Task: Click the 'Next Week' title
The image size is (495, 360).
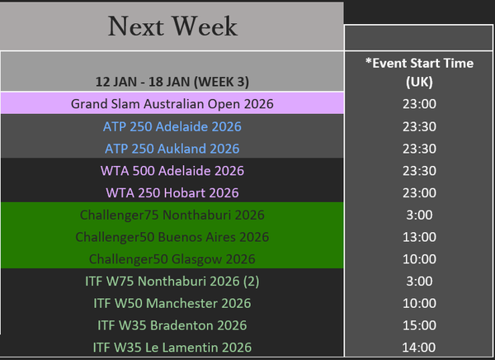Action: point(172,26)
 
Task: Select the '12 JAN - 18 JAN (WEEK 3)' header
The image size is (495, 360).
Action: point(172,82)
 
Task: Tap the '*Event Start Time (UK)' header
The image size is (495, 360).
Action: point(419,73)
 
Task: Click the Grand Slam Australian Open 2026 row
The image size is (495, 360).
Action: point(172,104)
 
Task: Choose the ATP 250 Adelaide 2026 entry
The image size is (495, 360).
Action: point(172,126)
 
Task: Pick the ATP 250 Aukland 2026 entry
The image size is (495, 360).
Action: point(172,149)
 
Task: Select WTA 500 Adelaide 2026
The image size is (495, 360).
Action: point(172,171)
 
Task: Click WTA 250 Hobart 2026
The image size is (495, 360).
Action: point(172,193)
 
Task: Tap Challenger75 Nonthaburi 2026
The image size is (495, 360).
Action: point(172,215)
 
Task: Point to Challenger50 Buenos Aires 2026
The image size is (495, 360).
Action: point(172,237)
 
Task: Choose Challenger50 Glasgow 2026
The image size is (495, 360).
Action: point(172,259)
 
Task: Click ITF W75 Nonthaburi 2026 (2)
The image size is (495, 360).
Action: point(172,282)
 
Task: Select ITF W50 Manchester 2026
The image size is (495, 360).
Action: point(172,303)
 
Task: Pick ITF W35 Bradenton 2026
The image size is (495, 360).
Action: point(172,325)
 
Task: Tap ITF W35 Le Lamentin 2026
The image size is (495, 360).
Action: point(172,348)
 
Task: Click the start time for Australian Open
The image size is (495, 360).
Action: point(419,104)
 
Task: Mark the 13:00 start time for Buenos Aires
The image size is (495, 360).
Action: point(419,237)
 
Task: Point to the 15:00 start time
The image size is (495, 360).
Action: point(419,325)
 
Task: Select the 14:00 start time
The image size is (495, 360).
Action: point(419,348)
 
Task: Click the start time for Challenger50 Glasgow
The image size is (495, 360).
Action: point(419,259)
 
